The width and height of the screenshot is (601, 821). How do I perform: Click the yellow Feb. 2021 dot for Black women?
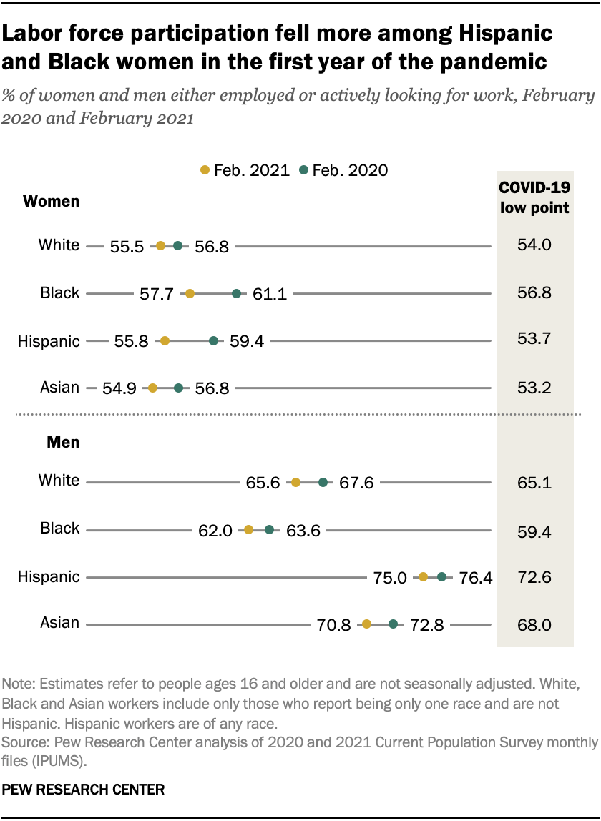click(x=190, y=293)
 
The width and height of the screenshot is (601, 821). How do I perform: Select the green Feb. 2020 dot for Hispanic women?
click(x=213, y=341)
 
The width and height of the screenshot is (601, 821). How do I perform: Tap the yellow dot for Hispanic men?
click(x=423, y=576)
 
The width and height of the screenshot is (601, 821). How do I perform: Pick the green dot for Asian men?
click(x=393, y=624)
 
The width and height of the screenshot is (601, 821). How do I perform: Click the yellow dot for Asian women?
click(x=152, y=388)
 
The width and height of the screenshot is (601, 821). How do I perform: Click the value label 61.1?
click(x=270, y=293)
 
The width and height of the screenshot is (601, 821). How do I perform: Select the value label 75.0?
click(x=391, y=577)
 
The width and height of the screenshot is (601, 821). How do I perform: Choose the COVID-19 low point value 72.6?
click(x=534, y=577)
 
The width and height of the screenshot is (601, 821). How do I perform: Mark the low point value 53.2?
click(x=534, y=388)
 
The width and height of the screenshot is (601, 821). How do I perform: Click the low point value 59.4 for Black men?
click(x=534, y=530)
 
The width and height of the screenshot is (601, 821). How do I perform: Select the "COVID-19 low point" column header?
click(x=534, y=198)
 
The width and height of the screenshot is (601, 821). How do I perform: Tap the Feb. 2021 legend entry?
click(x=245, y=170)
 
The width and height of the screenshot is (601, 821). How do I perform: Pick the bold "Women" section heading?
click(x=52, y=202)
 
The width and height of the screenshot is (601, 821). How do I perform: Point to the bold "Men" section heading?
click(x=63, y=443)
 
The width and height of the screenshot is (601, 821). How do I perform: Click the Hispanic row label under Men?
click(x=49, y=576)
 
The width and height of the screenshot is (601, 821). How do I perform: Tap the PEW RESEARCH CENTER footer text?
click(x=84, y=790)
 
